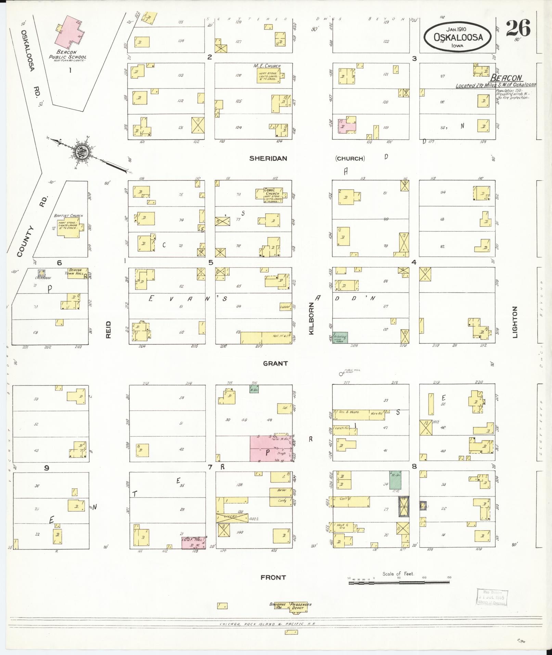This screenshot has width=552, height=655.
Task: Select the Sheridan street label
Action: [x=268, y=159]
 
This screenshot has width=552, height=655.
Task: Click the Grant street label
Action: [x=275, y=364]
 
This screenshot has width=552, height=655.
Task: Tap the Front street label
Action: [x=273, y=577]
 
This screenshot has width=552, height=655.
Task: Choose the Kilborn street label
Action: [x=311, y=318]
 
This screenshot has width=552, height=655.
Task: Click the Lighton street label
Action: [x=515, y=322]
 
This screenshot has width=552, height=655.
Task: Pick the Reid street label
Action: [x=108, y=329]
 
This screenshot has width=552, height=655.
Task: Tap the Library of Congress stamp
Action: [x=492, y=597]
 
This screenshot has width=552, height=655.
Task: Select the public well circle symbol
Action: [x=341, y=374]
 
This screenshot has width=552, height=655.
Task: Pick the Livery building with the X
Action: [x=232, y=518]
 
